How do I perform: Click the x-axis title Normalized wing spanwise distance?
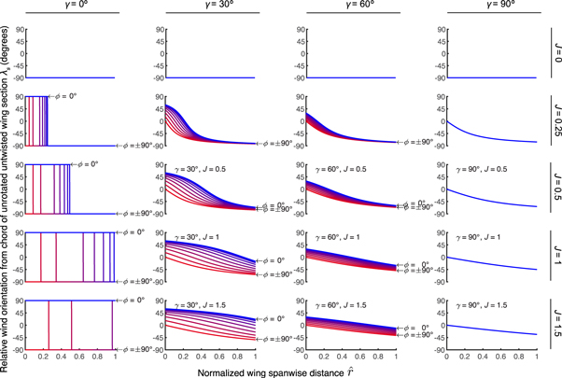click(x=280, y=371)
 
